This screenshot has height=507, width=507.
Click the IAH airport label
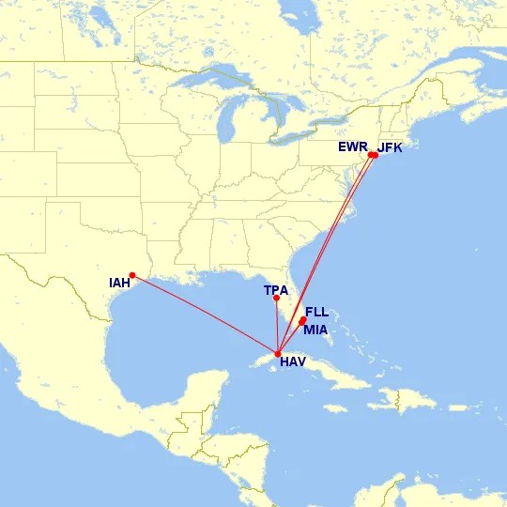point(120,283)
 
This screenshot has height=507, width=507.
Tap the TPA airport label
point(276,290)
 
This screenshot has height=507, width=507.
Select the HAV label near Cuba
point(293,361)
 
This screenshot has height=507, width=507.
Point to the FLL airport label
point(317,312)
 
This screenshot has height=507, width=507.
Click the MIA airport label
point(315,329)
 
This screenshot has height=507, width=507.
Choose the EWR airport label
point(353,147)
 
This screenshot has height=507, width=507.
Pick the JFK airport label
point(390,147)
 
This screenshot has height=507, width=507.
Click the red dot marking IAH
point(132,275)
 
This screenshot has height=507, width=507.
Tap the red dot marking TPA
point(276,299)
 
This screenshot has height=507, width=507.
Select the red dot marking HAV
point(279,353)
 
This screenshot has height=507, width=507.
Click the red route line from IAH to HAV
point(207,315)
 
